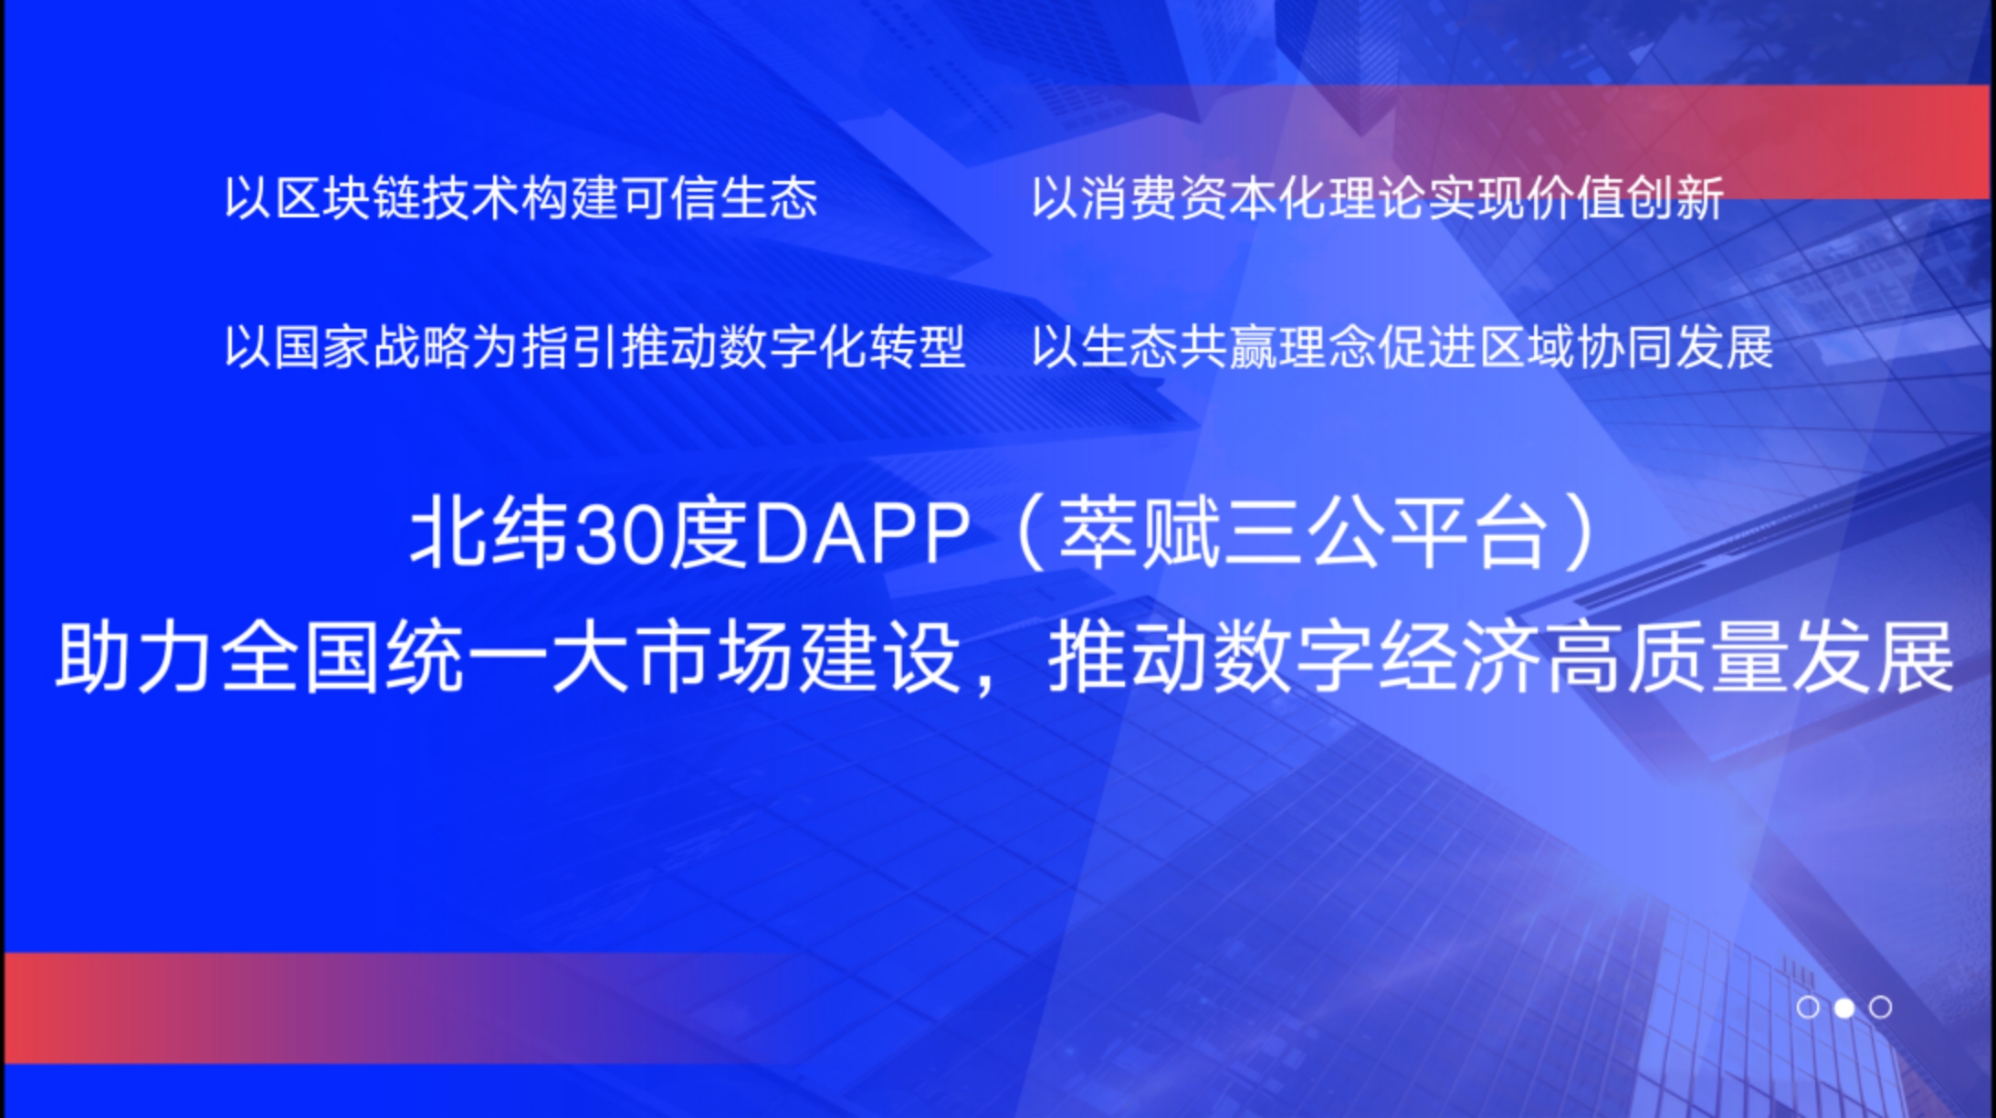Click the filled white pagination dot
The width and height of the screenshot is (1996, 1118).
coord(1844,1007)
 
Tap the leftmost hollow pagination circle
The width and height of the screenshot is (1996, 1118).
coord(1808,1007)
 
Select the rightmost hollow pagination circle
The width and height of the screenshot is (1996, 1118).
coord(1880,1007)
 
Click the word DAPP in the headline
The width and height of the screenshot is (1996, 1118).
coord(861,535)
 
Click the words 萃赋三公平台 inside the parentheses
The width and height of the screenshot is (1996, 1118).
coord(1304,535)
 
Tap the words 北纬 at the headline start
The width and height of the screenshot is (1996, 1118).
coord(489,535)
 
